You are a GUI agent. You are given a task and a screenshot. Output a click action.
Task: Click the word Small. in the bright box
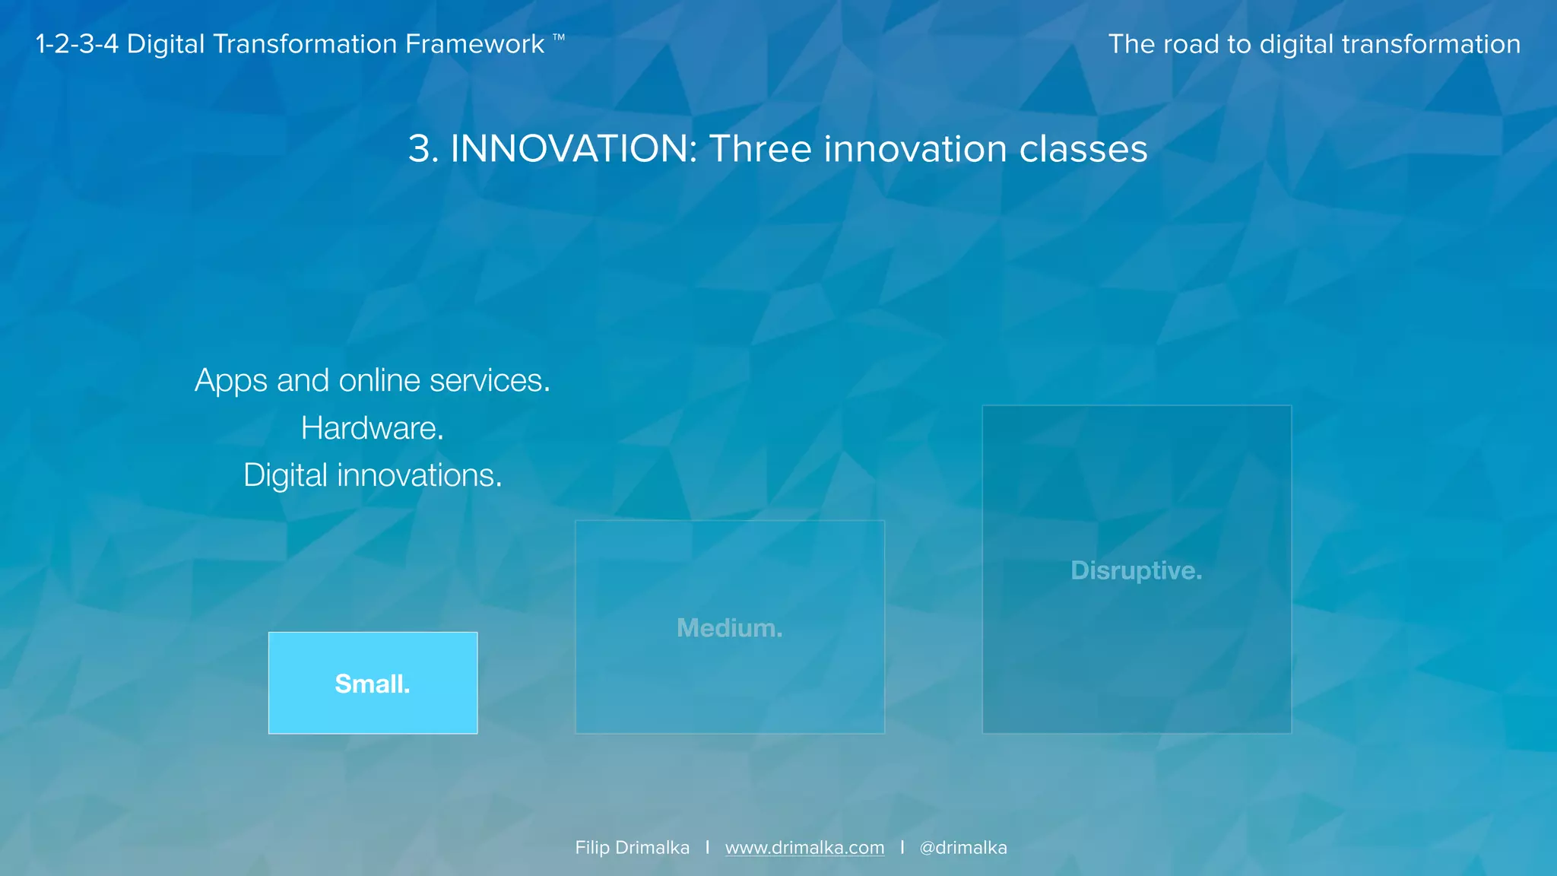373,684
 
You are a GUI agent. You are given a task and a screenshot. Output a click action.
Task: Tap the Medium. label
729,628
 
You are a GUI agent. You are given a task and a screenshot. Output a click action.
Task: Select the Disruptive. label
1136,570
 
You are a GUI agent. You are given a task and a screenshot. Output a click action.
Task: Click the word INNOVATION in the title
573,149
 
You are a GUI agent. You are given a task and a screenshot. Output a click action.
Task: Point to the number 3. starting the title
423,149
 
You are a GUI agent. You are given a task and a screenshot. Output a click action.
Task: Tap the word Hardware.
372,428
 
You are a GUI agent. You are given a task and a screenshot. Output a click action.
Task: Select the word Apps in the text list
231,381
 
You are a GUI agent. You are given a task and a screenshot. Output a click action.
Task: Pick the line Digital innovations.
373,475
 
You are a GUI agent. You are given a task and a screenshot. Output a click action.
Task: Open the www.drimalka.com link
804,848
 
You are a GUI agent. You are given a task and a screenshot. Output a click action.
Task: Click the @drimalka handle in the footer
962,848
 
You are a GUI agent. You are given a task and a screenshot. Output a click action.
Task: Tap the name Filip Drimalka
632,848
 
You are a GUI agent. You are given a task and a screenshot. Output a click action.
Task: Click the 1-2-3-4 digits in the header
77,44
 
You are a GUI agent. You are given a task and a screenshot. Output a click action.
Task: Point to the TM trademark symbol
559,36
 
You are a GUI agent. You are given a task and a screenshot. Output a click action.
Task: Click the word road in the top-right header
1191,44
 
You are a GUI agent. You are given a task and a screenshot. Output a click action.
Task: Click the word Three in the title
760,149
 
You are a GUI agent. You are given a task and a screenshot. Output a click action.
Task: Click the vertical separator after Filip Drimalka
707,847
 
